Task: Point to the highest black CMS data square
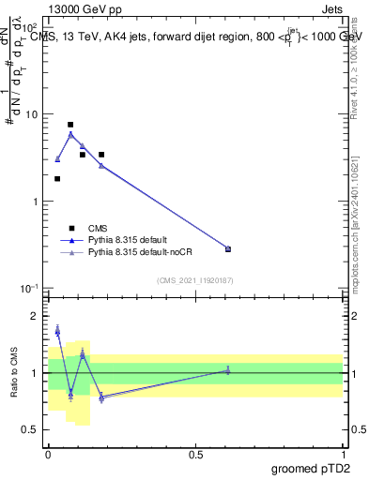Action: [70, 125]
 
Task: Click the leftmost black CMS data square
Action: [57, 178]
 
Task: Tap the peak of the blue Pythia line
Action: [70, 134]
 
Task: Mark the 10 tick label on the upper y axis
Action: [30, 114]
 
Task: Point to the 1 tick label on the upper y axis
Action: [35, 202]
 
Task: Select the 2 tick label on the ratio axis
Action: [35, 317]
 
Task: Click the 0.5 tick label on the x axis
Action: [195, 454]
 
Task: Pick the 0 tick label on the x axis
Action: [48, 454]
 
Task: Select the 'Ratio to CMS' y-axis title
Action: [12, 374]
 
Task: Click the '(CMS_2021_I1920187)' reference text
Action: [195, 279]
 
